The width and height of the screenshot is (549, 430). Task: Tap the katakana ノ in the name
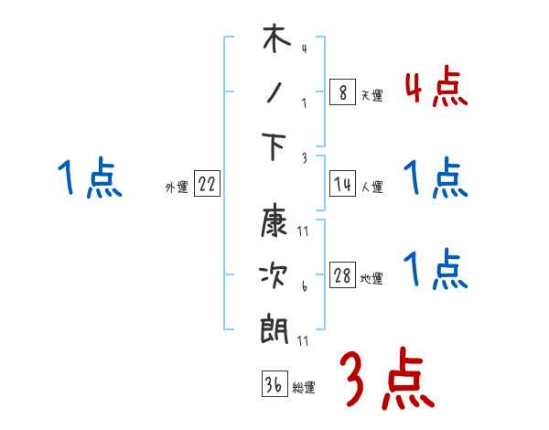pos(274,96)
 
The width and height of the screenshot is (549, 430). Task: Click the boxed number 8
pos(342,92)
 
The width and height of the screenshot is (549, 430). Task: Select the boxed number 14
pos(342,184)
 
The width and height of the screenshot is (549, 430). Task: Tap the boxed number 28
pos(342,275)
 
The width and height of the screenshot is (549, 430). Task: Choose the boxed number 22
pos(207,184)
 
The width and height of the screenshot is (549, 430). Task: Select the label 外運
pos(177,187)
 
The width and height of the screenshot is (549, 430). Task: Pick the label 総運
pos(304,387)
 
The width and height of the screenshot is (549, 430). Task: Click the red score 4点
pos(436,89)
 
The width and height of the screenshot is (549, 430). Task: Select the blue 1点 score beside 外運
pos(89,177)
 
